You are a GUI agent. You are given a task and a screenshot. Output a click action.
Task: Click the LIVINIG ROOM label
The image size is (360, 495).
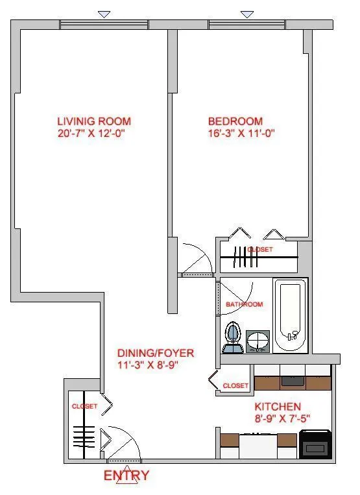click(94, 121)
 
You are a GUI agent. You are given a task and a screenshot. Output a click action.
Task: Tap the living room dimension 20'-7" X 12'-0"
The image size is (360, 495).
click(94, 134)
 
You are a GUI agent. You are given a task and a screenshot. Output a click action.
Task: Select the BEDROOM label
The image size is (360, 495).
click(235, 121)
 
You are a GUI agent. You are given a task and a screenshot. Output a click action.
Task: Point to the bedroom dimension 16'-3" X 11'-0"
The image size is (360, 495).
click(235, 134)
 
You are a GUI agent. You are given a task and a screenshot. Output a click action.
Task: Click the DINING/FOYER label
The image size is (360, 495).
click(155, 353)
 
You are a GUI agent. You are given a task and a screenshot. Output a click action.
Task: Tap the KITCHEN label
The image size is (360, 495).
click(277, 407)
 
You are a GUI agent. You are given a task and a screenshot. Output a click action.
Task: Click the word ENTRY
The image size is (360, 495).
click(126, 476)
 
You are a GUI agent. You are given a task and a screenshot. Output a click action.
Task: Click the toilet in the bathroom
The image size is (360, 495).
click(232, 337)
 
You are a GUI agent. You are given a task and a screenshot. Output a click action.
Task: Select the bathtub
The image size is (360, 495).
click(291, 316)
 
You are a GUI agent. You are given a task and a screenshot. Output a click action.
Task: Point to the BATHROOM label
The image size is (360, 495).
click(244, 304)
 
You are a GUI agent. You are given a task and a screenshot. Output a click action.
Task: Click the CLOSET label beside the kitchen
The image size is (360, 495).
click(235, 386)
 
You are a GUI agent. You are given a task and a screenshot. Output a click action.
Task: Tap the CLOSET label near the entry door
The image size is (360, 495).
click(84, 407)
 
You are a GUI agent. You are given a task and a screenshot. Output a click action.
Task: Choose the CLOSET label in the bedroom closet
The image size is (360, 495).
click(259, 250)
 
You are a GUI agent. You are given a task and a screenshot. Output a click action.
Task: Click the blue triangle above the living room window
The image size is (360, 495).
click(103, 14)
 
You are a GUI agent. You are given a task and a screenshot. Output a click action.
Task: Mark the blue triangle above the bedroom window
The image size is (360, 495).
click(246, 14)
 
